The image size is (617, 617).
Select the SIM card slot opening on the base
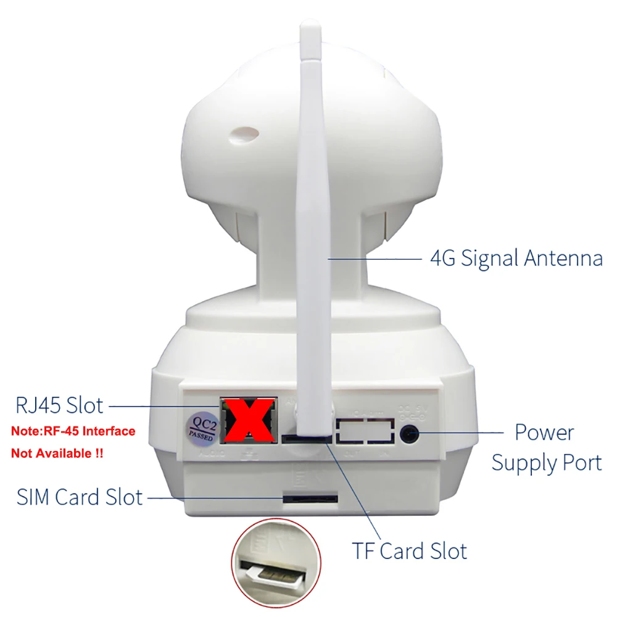(310, 497)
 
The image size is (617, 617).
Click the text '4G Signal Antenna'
(516, 258)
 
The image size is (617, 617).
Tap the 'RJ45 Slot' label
(59, 406)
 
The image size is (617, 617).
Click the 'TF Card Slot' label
(409, 550)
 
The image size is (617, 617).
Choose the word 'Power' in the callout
(544, 432)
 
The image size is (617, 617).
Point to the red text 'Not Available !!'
(57, 453)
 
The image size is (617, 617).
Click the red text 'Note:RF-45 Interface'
(73, 431)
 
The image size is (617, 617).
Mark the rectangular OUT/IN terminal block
(365, 430)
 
